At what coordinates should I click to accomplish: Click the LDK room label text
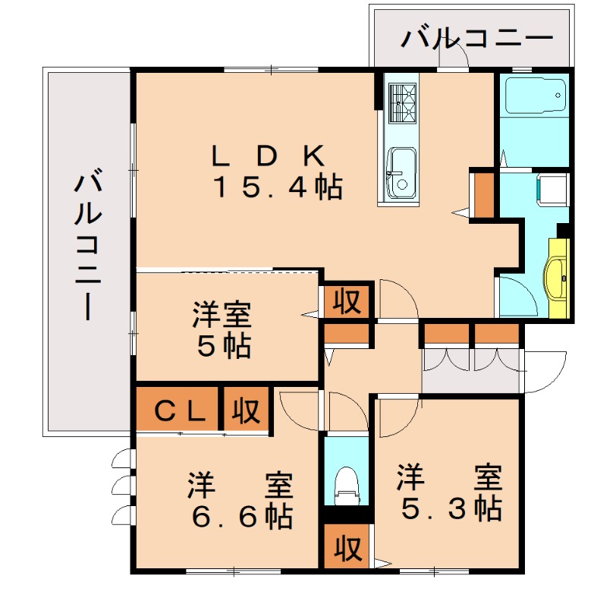click(x=268, y=156)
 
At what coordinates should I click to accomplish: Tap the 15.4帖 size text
click(x=278, y=187)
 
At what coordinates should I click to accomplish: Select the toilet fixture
click(x=347, y=485)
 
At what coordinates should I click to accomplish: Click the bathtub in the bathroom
click(x=533, y=96)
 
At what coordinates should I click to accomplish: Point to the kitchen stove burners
click(x=403, y=102)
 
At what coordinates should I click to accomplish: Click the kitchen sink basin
click(x=401, y=171)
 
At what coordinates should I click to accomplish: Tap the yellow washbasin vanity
click(x=558, y=278)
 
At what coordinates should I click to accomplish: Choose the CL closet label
click(x=180, y=411)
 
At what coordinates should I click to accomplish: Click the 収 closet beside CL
click(x=246, y=410)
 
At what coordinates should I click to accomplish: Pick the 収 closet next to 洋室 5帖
click(x=347, y=301)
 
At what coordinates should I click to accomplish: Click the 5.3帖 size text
click(x=451, y=508)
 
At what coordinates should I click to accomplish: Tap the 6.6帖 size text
click(x=242, y=517)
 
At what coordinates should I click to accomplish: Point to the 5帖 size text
click(x=224, y=345)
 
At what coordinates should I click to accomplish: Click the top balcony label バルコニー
click(x=476, y=39)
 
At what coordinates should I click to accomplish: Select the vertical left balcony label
click(x=88, y=247)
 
